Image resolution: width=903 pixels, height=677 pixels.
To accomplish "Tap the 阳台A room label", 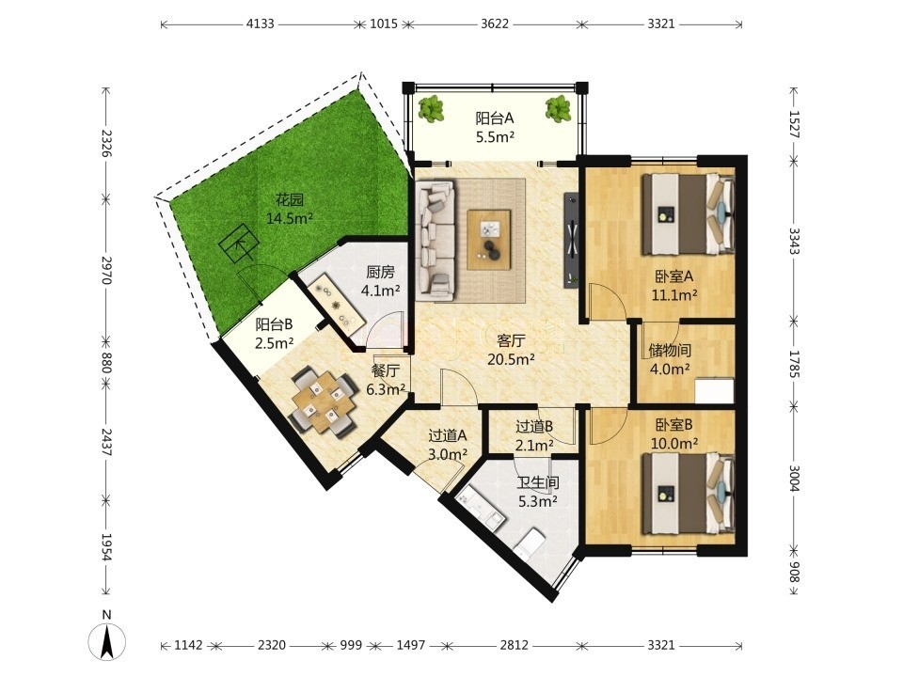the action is click(494, 118).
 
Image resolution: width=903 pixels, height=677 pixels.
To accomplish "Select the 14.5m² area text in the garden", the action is click(289, 219).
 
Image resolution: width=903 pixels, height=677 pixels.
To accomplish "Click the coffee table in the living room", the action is click(489, 240).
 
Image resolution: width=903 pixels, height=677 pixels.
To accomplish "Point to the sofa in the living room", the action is click(436, 240).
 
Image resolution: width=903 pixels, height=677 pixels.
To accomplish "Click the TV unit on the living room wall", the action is click(572, 240).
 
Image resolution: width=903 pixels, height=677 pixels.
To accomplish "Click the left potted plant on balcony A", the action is click(431, 108).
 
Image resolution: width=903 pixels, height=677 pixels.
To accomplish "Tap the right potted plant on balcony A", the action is click(558, 108).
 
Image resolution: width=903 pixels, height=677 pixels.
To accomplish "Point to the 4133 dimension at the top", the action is click(261, 24).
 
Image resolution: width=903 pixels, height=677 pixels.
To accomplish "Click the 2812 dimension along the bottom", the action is click(514, 645).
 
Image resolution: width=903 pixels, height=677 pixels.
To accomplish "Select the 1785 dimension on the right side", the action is click(794, 364).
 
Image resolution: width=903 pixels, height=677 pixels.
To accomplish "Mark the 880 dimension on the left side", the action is click(106, 362).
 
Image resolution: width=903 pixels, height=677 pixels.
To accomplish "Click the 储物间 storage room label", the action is click(670, 350).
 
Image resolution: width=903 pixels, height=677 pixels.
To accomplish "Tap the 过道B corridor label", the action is click(534, 427).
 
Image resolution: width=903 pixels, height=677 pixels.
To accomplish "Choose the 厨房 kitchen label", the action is click(381, 272).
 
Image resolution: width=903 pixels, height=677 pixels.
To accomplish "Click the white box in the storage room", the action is click(714, 391).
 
